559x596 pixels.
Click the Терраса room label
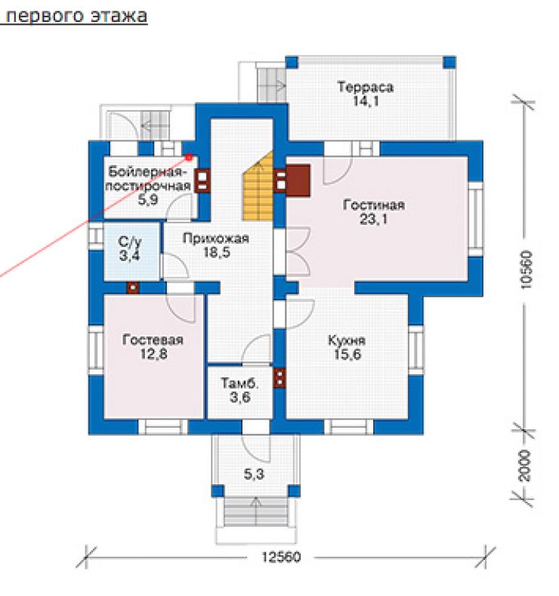[x=366, y=87]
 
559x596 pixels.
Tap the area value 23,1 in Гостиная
[x=374, y=219]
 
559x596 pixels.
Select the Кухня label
[x=347, y=339]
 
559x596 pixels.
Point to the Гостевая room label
[x=153, y=339]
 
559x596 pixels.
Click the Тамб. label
[x=239, y=382]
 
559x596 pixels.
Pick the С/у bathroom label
[x=130, y=241]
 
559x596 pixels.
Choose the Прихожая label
[x=216, y=238]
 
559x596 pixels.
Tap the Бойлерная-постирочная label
[x=147, y=179]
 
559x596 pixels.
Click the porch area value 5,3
[x=254, y=474]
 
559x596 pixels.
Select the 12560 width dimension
[x=281, y=557]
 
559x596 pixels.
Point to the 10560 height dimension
[x=526, y=269]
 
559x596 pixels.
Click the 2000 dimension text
[x=525, y=465]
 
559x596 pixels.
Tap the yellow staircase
[x=259, y=190]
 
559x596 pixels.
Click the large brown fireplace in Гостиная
[x=298, y=180]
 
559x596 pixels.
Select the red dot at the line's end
[x=189, y=157]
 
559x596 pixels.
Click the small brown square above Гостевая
[x=133, y=287]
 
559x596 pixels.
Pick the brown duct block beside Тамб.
[x=279, y=378]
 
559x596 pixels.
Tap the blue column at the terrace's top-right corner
[x=449, y=62]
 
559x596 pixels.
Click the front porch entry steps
[x=257, y=512]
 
